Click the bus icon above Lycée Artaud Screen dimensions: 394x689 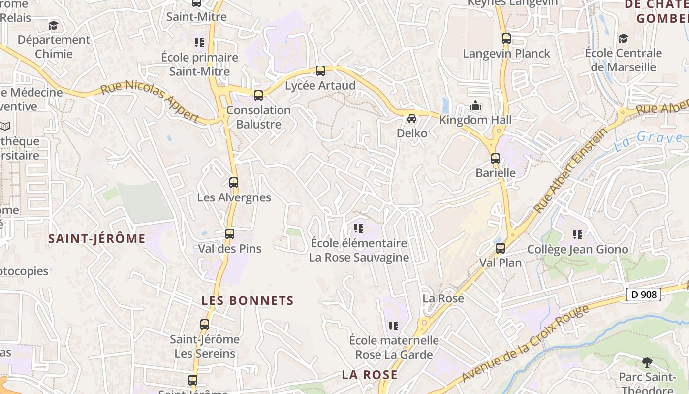pos(320,71)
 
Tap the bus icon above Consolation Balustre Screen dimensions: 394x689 pos(258,96)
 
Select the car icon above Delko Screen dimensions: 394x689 pos(412,119)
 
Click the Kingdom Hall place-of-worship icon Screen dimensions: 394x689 pos(475,105)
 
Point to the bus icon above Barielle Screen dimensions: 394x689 pos(496,159)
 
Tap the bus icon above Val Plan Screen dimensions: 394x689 pos(501,248)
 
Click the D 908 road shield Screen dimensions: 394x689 pos(643,295)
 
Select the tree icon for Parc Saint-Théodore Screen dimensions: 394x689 pos(647,363)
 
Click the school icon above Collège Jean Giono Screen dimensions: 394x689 pos(578,235)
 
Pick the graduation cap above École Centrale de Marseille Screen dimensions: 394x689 pos(623,38)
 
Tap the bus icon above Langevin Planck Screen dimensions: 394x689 pos(506,39)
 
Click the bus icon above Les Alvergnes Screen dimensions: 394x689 pos(234,183)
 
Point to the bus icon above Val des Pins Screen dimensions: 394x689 pos(230,234)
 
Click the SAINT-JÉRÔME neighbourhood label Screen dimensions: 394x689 pos(97,239)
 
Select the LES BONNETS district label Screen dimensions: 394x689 pos(248,300)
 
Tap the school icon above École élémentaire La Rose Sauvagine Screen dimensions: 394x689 pos(359,229)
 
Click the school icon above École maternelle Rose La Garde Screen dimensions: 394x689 pos(394,326)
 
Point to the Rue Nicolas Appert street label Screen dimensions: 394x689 pos(150,102)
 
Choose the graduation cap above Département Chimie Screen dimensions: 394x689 pos(53,25)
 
